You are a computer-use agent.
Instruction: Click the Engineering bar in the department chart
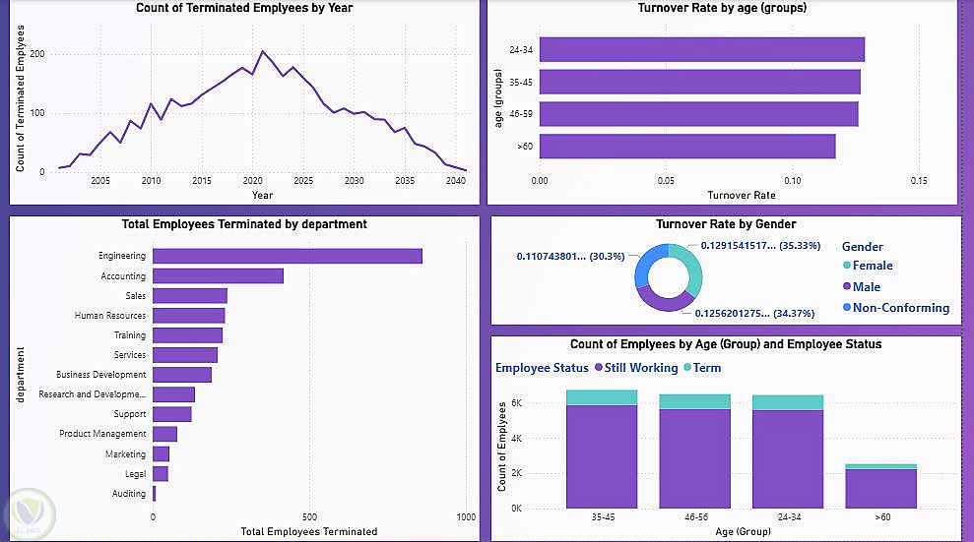(x=288, y=256)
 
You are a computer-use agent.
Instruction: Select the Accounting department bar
(x=218, y=276)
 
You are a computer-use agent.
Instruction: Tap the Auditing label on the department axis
(x=129, y=494)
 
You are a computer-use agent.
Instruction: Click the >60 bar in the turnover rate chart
(x=687, y=147)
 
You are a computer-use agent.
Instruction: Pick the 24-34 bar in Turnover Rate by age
(x=701, y=49)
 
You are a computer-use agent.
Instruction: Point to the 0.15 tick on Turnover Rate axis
(x=918, y=181)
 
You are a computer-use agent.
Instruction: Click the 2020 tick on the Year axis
(x=252, y=182)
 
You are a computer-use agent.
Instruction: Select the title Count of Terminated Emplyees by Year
(x=243, y=9)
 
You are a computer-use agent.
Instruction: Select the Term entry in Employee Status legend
(x=706, y=368)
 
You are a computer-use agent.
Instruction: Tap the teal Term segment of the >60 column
(x=879, y=466)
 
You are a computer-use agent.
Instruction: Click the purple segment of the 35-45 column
(x=601, y=456)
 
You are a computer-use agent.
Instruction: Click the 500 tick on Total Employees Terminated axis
(x=309, y=516)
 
